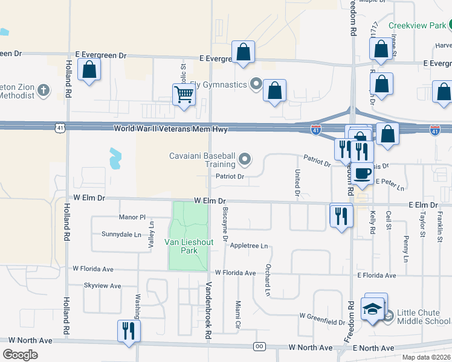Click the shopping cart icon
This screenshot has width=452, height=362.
click(x=184, y=94)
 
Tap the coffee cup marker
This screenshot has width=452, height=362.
click(x=363, y=173)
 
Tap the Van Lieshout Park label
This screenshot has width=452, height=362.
click(x=189, y=246)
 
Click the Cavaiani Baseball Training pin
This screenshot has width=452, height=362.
click(x=245, y=160)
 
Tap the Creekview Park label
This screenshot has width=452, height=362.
click(x=417, y=25)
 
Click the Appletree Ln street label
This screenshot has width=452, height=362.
click(x=249, y=246)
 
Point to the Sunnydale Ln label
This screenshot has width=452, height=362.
click(x=121, y=234)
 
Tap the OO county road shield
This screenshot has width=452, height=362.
click(x=259, y=346)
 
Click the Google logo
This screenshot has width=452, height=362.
click(x=21, y=354)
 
